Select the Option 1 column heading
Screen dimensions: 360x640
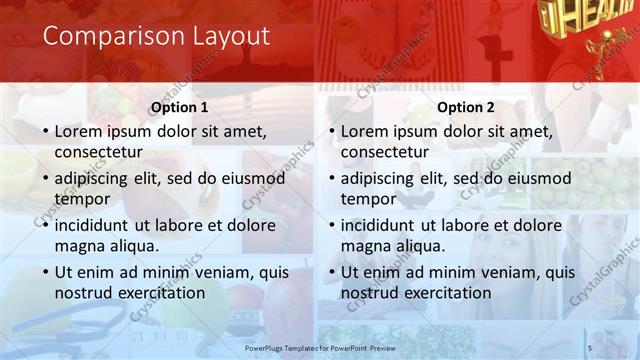click(179, 107)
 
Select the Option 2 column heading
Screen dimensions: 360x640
click(466, 107)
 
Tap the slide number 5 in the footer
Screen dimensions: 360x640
click(590, 347)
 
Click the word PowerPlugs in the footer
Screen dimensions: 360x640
click(267, 347)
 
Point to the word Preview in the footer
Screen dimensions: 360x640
click(399, 347)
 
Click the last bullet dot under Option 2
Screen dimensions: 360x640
click(331, 272)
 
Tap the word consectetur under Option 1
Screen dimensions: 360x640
click(98, 152)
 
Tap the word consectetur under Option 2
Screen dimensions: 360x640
click(384, 152)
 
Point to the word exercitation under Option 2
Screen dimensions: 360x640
click(445, 292)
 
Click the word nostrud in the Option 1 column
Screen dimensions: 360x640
click(84, 292)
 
